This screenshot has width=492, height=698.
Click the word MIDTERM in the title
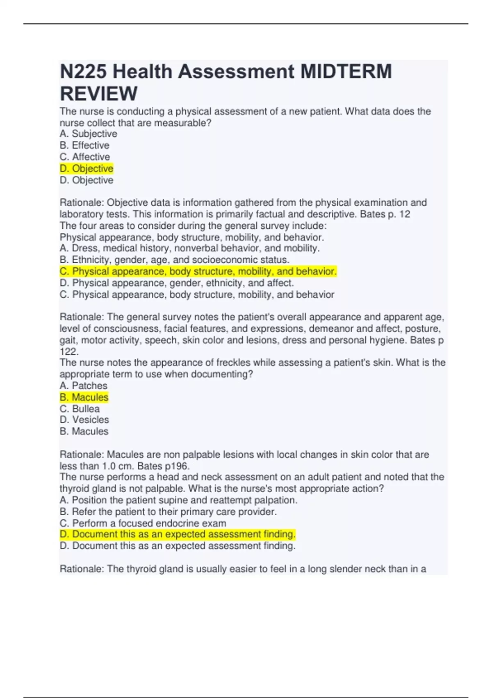(x=346, y=71)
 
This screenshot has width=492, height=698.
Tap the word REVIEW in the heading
(x=99, y=94)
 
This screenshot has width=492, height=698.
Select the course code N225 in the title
(x=83, y=71)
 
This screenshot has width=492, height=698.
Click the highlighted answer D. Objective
(x=87, y=168)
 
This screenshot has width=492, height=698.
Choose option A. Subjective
(x=88, y=134)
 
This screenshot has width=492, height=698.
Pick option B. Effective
(x=84, y=145)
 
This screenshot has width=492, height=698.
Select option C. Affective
(x=85, y=157)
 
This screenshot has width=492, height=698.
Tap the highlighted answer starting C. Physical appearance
(x=198, y=271)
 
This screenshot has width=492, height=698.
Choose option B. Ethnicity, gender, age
(x=174, y=260)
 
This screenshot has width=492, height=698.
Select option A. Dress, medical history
(x=189, y=248)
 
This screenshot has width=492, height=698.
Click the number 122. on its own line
(x=69, y=351)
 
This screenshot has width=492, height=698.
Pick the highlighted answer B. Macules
(x=84, y=397)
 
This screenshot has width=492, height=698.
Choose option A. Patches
(x=83, y=386)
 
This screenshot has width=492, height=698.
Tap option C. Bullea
(x=80, y=409)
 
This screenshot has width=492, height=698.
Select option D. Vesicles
(x=84, y=420)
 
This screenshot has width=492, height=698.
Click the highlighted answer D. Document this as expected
(x=178, y=534)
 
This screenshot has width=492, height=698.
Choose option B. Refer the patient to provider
(x=168, y=512)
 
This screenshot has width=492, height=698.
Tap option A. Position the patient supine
(x=178, y=500)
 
